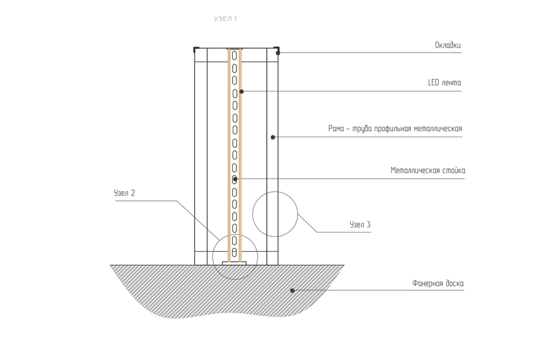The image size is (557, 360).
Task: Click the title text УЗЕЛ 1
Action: (225, 19)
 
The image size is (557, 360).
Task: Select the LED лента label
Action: (444, 82)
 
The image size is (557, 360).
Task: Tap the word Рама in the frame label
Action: (336, 129)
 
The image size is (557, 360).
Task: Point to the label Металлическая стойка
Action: (428, 170)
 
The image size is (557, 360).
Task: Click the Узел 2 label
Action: (124, 193)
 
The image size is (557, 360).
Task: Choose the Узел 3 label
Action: (360, 225)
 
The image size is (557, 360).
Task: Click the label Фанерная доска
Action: (438, 284)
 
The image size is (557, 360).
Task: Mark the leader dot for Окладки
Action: (278, 53)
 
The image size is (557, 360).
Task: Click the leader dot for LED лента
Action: (241, 92)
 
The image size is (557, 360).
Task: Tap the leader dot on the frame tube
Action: (272, 137)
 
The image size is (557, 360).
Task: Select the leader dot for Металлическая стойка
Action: (235, 179)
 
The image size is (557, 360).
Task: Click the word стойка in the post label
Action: (454, 170)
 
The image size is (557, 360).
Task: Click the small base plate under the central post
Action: (235, 263)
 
